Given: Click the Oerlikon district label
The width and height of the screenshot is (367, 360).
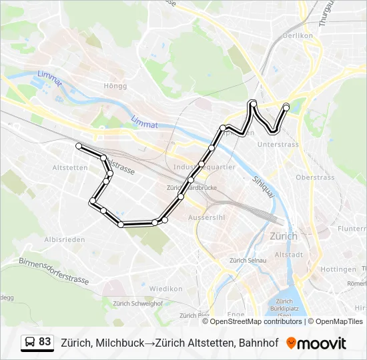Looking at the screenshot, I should (x=298, y=35).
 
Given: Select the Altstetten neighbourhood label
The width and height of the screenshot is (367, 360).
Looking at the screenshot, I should (x=70, y=167).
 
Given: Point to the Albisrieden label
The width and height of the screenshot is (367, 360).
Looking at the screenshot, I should (x=64, y=239).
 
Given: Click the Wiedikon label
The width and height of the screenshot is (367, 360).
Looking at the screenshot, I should (x=165, y=289).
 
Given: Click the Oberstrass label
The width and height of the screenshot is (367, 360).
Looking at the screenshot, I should (x=315, y=177).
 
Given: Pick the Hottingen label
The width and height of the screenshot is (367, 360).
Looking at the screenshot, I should (x=338, y=269).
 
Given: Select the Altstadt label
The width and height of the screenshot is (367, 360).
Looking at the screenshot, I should (x=290, y=254).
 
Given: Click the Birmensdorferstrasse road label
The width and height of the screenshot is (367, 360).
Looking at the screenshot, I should (x=53, y=270).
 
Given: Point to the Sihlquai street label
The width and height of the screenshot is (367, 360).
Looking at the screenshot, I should (x=264, y=187).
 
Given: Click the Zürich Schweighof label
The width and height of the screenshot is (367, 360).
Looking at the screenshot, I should (x=138, y=303).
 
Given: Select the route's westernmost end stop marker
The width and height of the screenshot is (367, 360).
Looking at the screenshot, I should (x=79, y=145).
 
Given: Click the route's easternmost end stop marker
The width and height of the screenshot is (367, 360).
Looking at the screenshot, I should (x=286, y=107).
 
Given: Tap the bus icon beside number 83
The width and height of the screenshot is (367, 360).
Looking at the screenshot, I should (x=30, y=343).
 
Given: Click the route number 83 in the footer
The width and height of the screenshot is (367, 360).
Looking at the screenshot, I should (x=45, y=342).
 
